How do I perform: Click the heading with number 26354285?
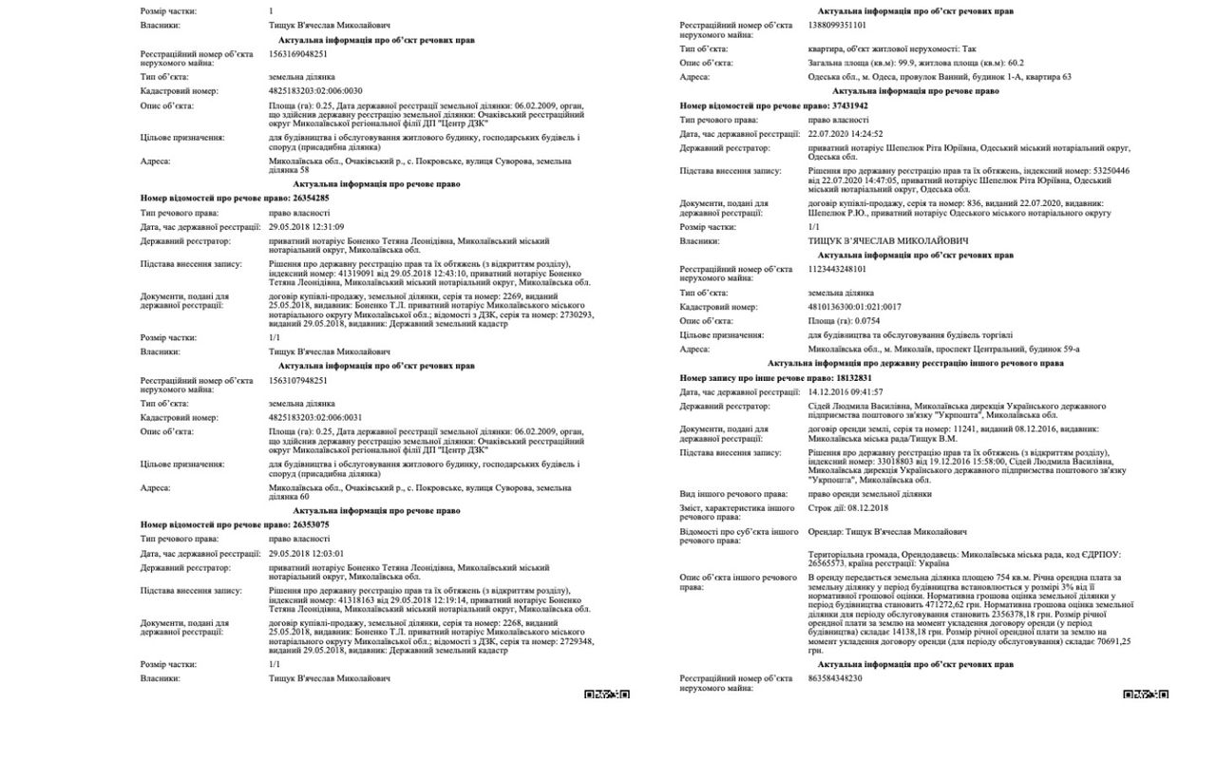click(235, 198)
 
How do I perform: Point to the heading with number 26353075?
click(235, 524)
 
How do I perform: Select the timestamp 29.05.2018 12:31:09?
click(306, 227)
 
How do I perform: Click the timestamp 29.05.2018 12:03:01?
click(306, 554)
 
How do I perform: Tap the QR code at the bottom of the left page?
click(607, 694)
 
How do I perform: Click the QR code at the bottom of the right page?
click(1146, 694)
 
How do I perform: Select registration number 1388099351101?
click(837, 26)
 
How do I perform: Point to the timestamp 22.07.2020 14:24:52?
click(845, 135)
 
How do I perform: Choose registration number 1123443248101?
click(837, 270)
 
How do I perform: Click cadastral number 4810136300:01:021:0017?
click(855, 308)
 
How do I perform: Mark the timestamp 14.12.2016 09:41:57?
click(845, 392)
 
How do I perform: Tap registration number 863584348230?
click(835, 678)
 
